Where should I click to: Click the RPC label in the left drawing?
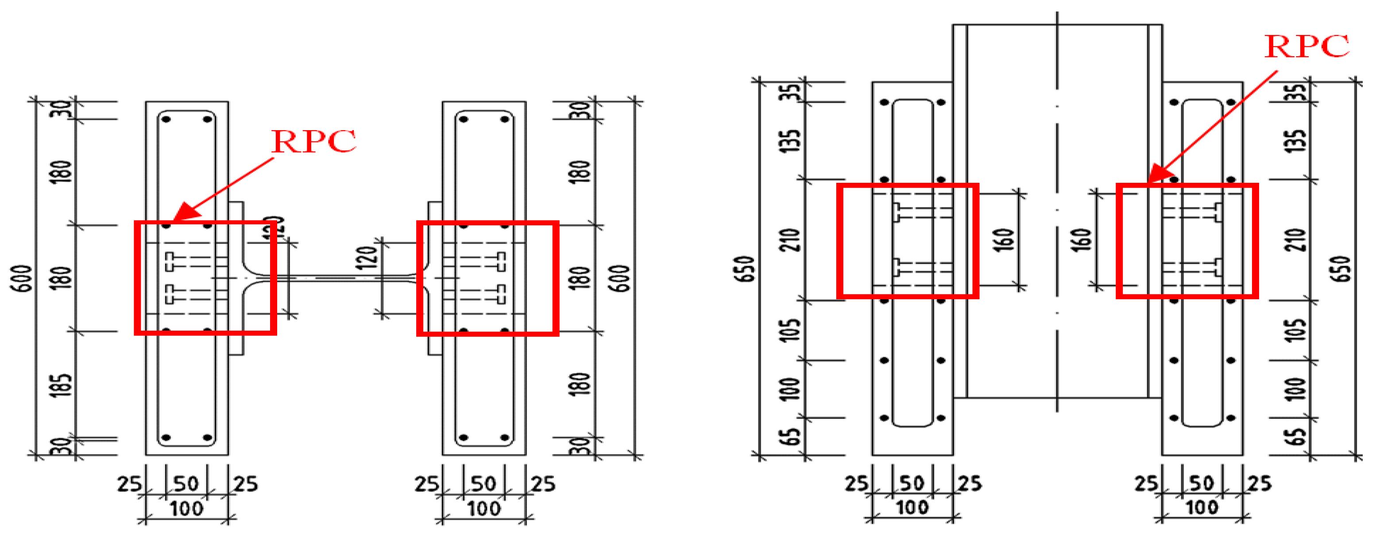coord(313,142)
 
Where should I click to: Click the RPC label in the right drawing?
coord(1306,46)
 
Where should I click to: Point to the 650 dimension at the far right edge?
coord(1342,269)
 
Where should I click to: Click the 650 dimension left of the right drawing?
coord(746,269)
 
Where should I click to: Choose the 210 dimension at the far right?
coord(1296,240)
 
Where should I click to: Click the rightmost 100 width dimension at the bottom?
coord(1201,507)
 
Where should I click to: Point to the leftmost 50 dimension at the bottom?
coord(186,484)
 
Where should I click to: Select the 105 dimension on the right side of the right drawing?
coord(1296,330)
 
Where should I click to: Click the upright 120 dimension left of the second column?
coord(367,258)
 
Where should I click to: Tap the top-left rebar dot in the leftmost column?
coord(166,119)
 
